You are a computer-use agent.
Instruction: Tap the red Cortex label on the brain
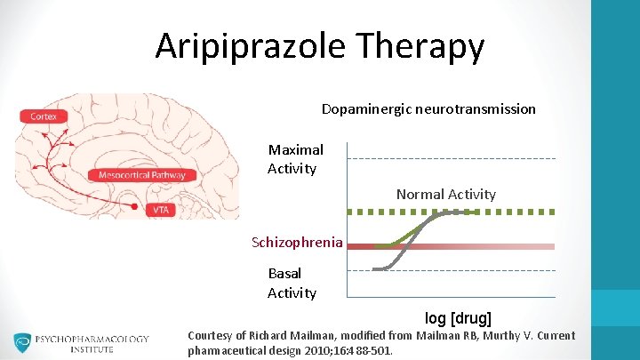tap(44, 116)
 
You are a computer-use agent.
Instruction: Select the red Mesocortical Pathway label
tap(142, 175)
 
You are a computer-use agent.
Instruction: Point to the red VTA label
tap(161, 210)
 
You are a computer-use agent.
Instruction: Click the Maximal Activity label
tap(295, 159)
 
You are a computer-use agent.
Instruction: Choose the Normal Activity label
tap(445, 194)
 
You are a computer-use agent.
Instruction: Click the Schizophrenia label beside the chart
tap(297, 242)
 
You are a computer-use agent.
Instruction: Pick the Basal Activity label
tap(291, 283)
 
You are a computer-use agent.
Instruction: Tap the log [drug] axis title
tap(458, 317)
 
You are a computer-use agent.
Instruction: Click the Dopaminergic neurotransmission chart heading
tap(428, 109)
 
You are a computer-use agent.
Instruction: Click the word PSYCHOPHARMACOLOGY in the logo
tap(92, 339)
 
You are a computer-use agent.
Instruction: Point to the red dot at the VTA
tap(135, 207)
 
